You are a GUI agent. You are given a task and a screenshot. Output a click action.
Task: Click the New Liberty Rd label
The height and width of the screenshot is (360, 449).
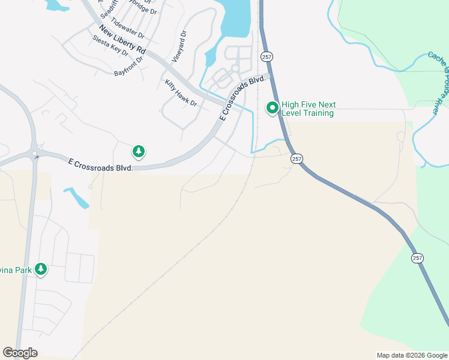coord(123,40)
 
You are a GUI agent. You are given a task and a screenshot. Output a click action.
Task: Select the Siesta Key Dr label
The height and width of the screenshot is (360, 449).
coord(110,46)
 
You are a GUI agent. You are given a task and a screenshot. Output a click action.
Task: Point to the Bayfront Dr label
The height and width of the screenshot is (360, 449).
coord(129,67)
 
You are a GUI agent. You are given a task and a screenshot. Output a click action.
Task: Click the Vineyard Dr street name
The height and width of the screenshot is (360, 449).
coord(179,47)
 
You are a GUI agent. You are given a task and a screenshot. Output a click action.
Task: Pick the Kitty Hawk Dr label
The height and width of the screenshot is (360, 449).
coord(181,92)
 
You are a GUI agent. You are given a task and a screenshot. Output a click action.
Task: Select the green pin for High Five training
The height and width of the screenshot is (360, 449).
coord(272,108)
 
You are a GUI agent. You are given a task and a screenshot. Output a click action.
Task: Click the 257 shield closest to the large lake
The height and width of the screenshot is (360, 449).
coord(265,56)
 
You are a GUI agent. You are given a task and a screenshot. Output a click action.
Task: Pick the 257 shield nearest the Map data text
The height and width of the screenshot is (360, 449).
coord(417,257)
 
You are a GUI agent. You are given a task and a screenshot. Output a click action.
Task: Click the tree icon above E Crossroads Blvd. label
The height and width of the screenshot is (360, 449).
coord(139,151)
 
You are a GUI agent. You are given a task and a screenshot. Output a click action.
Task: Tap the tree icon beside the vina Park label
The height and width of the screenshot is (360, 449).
coord(41,269)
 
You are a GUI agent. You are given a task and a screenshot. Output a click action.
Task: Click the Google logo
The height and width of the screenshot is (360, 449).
coord(20,353)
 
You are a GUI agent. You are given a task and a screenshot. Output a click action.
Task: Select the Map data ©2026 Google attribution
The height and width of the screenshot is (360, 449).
coord(411,355)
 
